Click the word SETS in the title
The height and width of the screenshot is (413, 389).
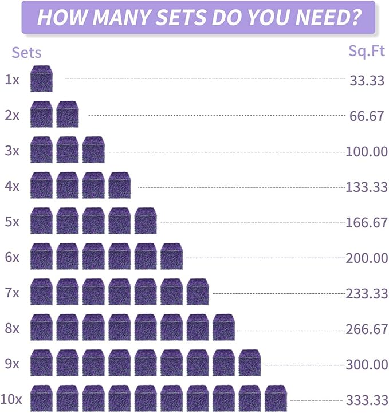(x=182, y=17)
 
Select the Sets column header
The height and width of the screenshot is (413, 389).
(x=26, y=53)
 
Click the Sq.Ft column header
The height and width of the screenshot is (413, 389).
(x=367, y=51)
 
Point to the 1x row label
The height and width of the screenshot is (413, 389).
(x=12, y=79)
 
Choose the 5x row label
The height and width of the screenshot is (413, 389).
(x=12, y=222)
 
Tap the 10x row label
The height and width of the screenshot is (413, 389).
(x=11, y=399)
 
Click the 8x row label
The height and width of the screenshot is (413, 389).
(x=12, y=328)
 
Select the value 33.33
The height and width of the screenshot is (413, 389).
(x=367, y=80)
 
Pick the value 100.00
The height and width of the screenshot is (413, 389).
(x=366, y=152)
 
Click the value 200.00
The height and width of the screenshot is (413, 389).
(x=366, y=258)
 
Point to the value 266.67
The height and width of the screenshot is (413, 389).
(x=366, y=329)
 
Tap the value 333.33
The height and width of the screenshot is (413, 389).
(x=367, y=400)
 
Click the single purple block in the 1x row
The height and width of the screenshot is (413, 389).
(x=41, y=78)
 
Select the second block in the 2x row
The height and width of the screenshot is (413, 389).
(x=68, y=114)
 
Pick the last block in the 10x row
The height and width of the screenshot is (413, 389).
(x=276, y=398)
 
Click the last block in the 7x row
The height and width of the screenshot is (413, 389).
(x=198, y=292)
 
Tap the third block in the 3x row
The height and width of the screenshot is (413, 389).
(x=93, y=150)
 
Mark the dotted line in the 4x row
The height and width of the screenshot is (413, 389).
(x=242, y=187)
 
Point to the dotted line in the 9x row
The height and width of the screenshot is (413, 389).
(x=305, y=365)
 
